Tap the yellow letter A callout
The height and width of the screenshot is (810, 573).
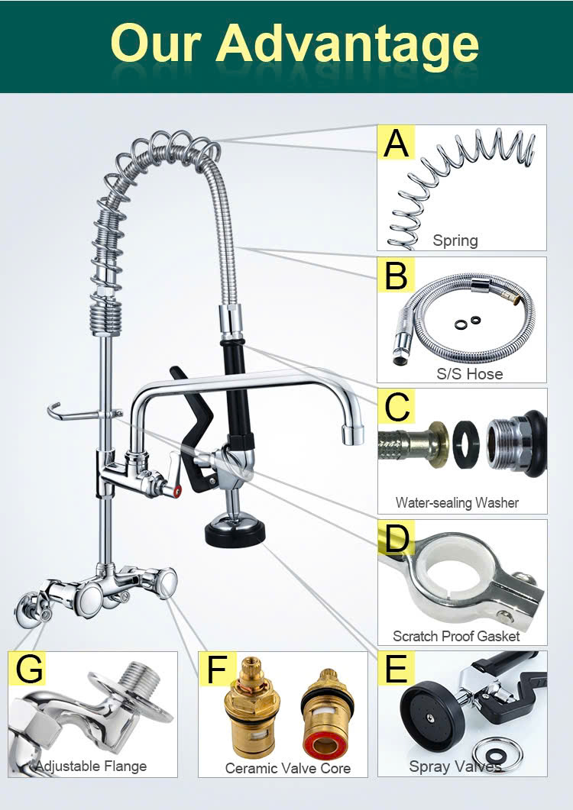[397, 142]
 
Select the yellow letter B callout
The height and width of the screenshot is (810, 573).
[397, 275]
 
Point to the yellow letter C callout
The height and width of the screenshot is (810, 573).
[397, 406]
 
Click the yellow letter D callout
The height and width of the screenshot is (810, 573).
[397, 537]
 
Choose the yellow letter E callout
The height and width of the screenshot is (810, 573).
[397, 668]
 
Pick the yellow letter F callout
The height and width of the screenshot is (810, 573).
[217, 669]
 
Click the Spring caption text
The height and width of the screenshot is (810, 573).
[455, 240]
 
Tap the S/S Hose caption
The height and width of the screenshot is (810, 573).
[470, 373]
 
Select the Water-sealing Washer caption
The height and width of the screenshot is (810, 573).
[457, 502]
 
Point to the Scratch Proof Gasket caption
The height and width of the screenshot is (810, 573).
[456, 635]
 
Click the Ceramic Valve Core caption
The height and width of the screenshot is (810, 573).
[287, 768]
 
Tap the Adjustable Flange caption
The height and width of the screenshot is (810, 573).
[91, 766]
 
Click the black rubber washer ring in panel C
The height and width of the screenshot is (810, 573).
[466, 444]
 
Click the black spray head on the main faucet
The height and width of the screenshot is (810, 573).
[235, 534]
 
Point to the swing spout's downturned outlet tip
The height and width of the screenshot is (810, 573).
[353, 433]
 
